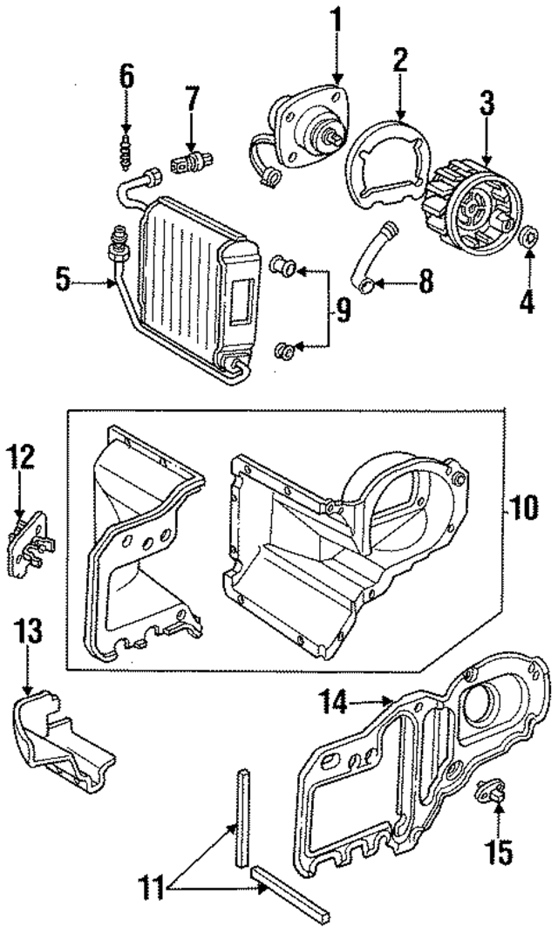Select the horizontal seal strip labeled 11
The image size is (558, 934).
[290, 893]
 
